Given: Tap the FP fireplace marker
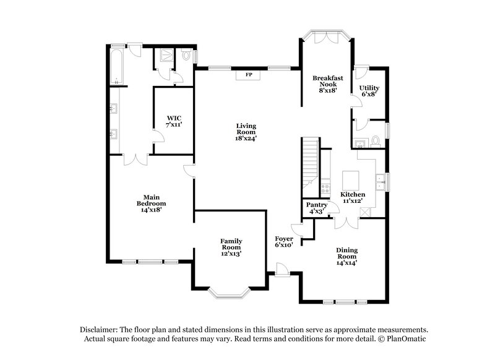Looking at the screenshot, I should [249, 75].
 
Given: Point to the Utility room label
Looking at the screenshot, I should [369, 91].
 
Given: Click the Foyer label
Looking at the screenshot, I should [284, 242].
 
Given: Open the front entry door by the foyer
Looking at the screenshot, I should [282, 269].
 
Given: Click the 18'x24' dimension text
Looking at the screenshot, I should [246, 139].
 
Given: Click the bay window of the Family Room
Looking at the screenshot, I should [228, 293].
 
